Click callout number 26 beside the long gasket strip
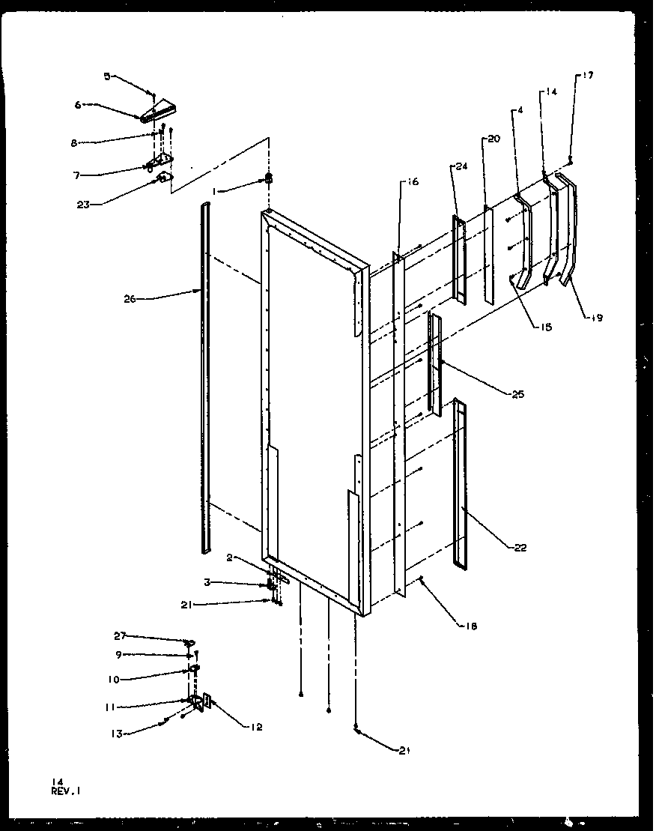(130, 298)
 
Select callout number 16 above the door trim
(413, 182)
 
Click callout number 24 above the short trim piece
(461, 167)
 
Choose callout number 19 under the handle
(596, 318)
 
